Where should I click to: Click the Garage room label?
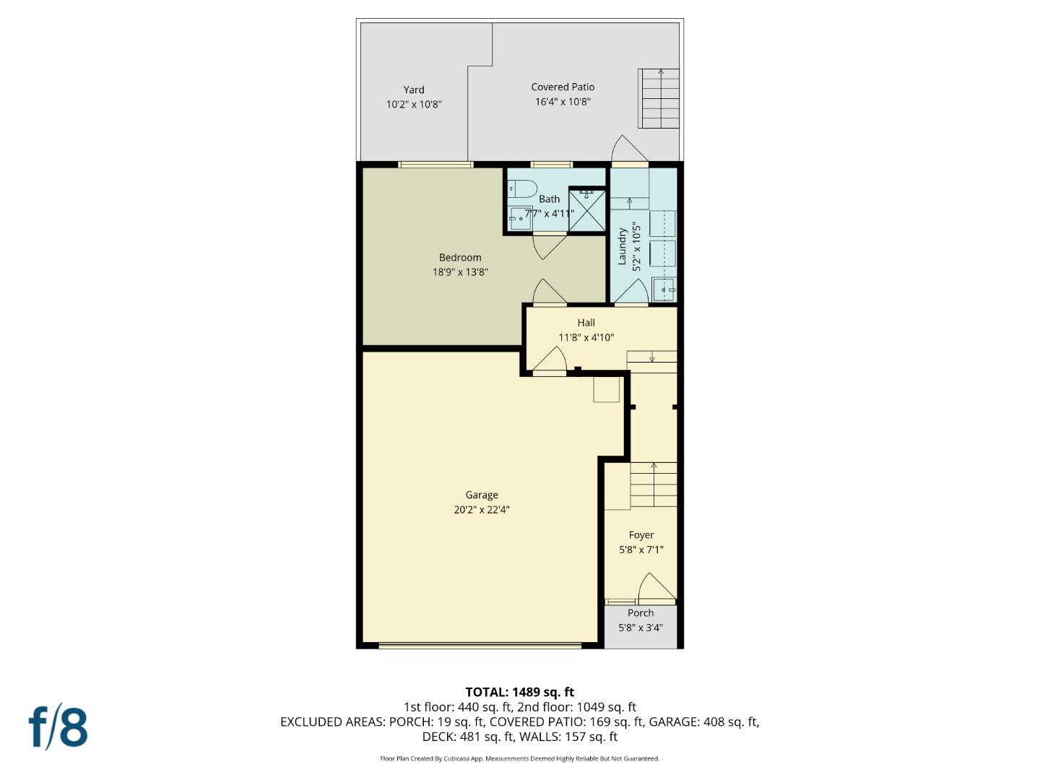(482, 495)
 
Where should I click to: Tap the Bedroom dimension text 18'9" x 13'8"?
(460, 272)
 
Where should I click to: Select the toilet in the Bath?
(523, 189)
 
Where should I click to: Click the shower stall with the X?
(587, 211)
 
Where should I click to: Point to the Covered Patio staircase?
(659, 98)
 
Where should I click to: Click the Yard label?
(414, 90)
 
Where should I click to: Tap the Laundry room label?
(623, 246)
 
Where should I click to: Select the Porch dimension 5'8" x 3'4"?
(641, 628)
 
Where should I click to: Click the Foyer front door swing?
(657, 589)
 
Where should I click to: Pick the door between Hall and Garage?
(550, 362)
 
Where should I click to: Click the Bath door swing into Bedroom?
(550, 246)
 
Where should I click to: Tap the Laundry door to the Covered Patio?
(629, 149)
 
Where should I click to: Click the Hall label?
(586, 323)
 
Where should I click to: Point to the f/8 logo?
(58, 728)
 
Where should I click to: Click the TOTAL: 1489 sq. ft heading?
(520, 693)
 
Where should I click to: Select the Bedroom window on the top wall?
(436, 165)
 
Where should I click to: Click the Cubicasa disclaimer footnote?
(520, 758)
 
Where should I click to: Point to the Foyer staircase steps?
(654, 485)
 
